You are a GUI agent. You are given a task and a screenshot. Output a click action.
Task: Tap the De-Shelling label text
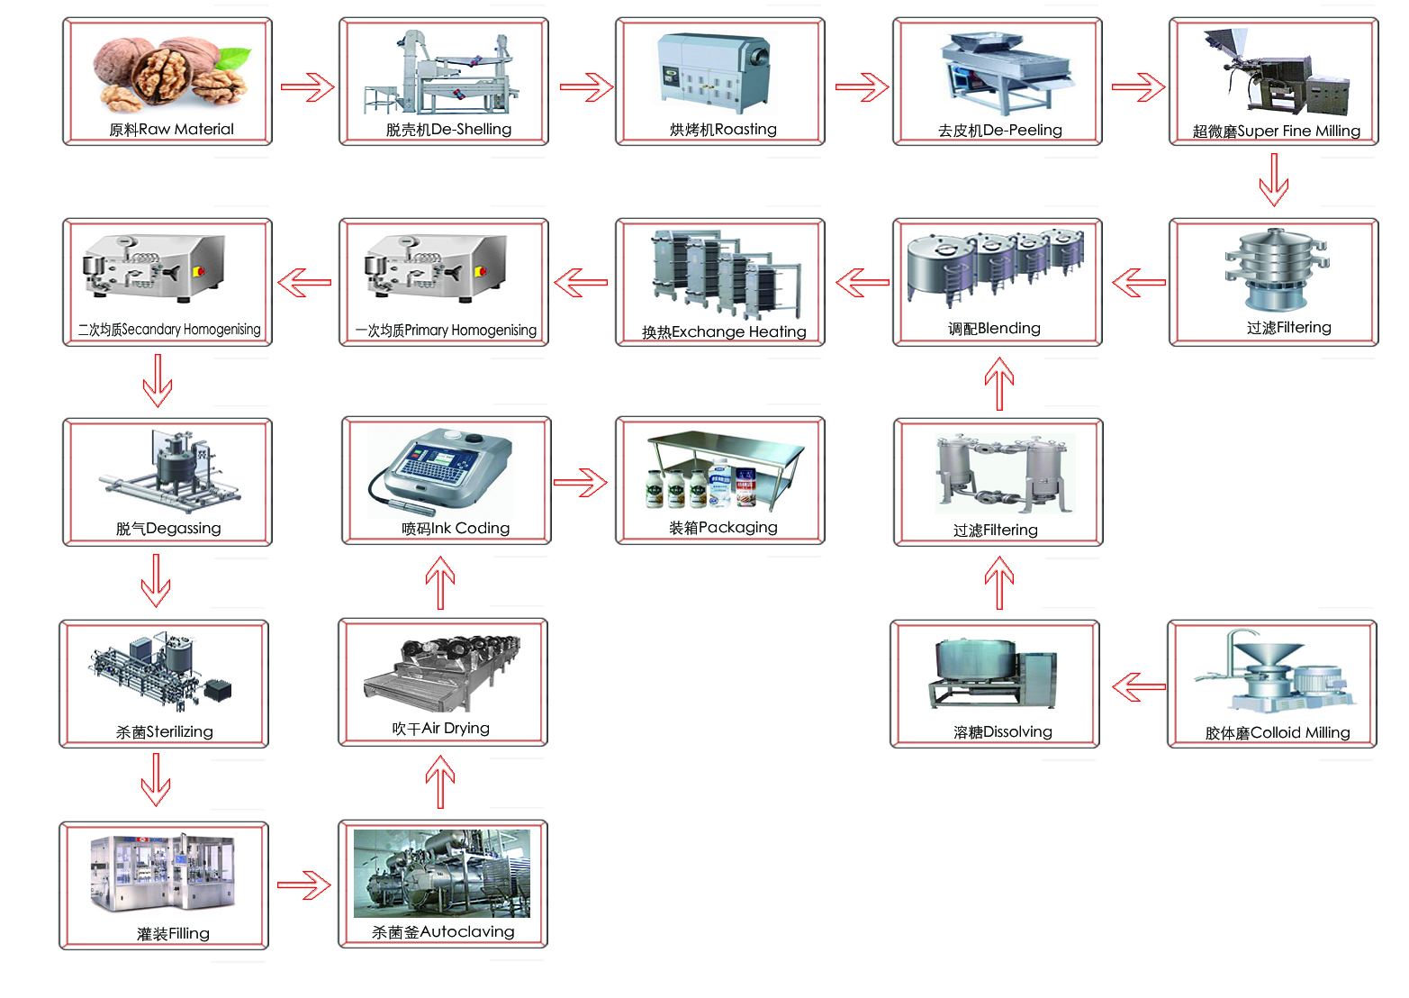[x=448, y=130]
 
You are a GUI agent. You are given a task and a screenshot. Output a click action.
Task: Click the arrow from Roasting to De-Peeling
[x=862, y=87]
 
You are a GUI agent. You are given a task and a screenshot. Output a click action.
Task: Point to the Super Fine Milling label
[x=1276, y=132]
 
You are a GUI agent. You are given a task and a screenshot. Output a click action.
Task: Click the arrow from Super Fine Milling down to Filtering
[x=1273, y=180]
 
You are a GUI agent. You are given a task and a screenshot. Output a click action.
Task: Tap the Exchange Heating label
[x=724, y=332]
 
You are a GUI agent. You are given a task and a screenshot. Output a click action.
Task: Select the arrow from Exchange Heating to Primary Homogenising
[x=581, y=283]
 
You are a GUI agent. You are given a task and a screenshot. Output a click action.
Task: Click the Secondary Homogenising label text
[x=169, y=330]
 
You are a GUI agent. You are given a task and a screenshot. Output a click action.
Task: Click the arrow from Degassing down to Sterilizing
[x=157, y=581]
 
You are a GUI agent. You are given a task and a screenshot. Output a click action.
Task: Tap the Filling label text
[x=173, y=934]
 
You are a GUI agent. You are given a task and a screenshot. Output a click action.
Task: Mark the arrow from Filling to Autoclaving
[x=303, y=885]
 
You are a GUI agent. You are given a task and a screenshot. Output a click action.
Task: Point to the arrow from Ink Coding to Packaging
[x=580, y=483]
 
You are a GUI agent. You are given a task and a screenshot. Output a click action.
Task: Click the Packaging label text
[x=723, y=528]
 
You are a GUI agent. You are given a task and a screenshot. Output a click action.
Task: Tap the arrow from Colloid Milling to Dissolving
[x=1139, y=687]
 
